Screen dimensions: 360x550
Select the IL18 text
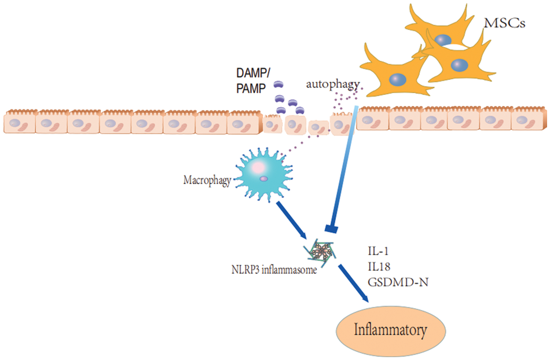click(380, 266)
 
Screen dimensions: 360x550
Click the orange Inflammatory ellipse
click(391, 330)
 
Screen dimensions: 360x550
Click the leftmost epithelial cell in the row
click(19, 122)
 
